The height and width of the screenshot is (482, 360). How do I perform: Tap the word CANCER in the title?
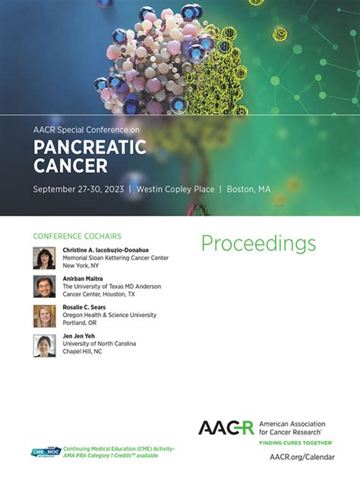pyautogui.click(x=70, y=165)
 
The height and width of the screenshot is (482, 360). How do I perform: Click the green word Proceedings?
pyautogui.click(x=258, y=243)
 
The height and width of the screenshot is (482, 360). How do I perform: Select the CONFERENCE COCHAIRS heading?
pyautogui.click(x=77, y=236)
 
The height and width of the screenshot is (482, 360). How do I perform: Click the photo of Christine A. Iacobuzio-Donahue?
pyautogui.click(x=44, y=258)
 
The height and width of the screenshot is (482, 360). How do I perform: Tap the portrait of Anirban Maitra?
pyautogui.click(x=44, y=287)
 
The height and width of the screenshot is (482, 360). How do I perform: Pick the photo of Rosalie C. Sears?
pyautogui.click(x=44, y=316)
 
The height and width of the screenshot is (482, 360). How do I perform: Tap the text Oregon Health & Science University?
pyautogui.click(x=109, y=315)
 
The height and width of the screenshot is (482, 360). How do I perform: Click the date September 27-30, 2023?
pyautogui.click(x=77, y=189)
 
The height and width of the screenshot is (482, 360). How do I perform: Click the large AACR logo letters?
pyautogui.click(x=226, y=427)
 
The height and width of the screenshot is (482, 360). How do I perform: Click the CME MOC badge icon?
pyautogui.click(x=43, y=452)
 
